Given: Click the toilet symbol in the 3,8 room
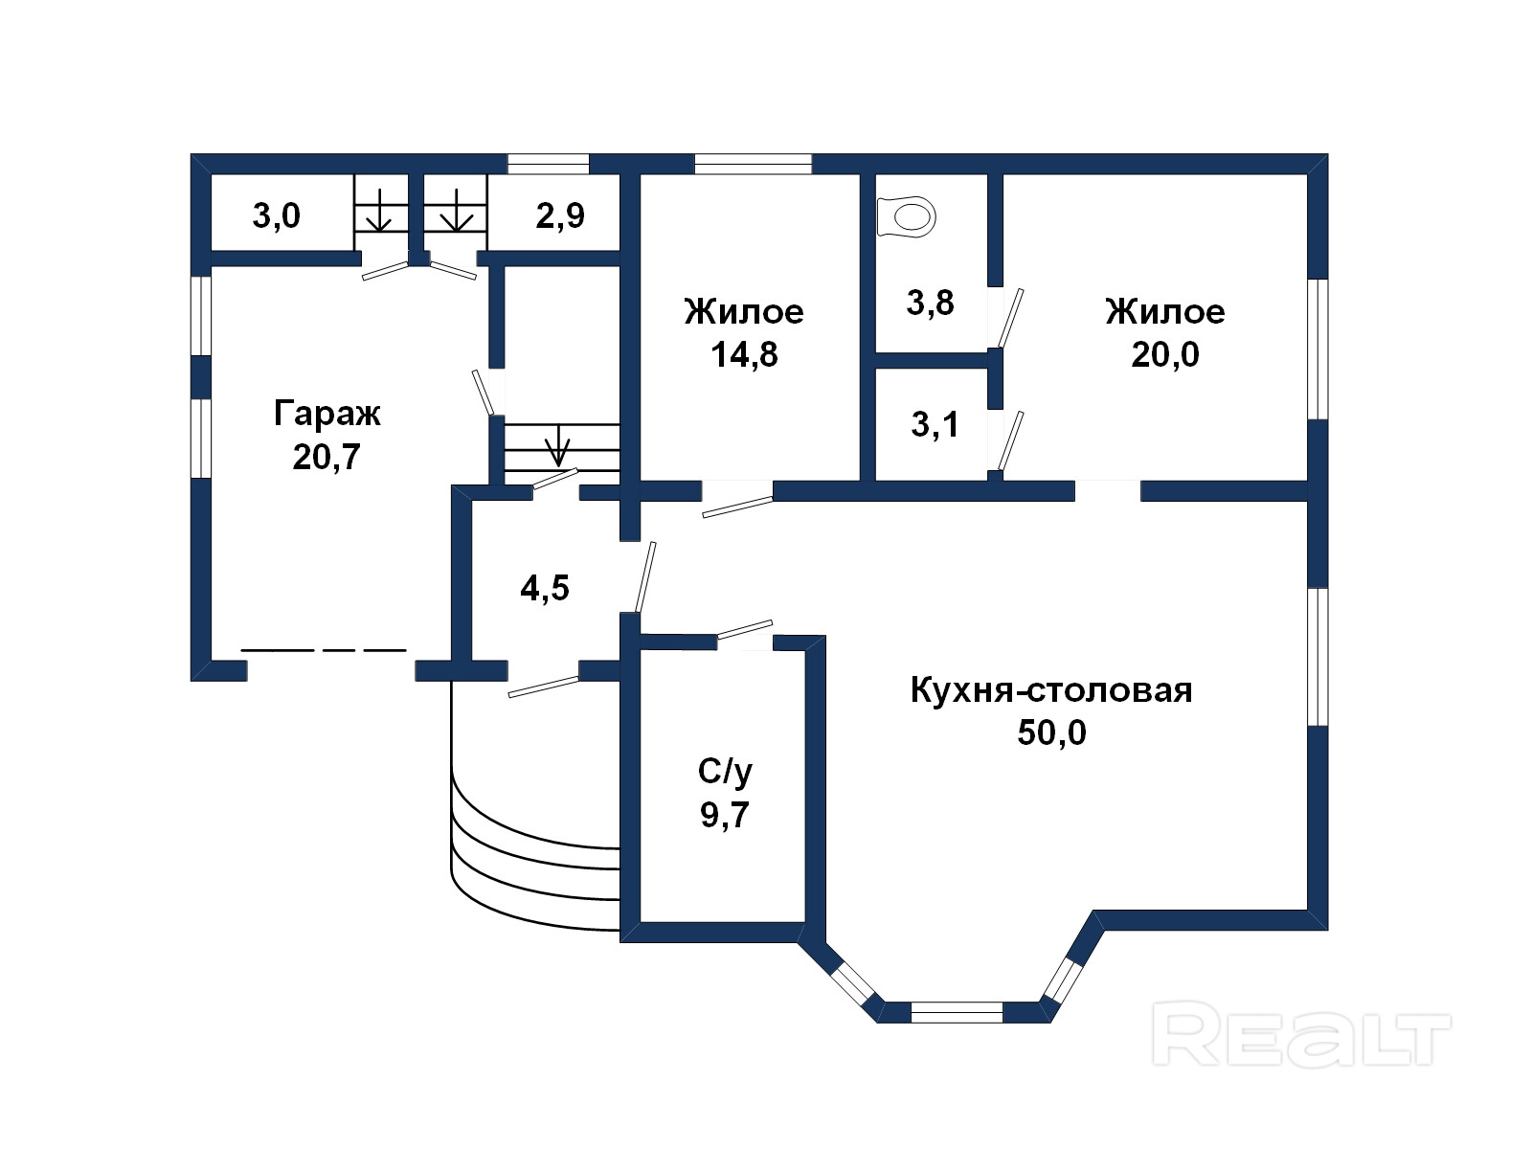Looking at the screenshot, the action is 905,217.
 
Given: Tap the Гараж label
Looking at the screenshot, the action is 327,414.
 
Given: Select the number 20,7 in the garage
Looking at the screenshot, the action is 326,458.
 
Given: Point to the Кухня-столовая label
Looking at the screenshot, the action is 1051,690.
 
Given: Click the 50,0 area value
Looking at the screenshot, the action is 1051,733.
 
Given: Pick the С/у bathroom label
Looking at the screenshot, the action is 725,773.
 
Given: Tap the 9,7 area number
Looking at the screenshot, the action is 725,815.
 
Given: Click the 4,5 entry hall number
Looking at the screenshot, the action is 545,588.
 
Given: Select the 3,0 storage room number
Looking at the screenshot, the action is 276,215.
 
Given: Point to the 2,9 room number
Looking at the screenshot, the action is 560,215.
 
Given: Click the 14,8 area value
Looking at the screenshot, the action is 744,355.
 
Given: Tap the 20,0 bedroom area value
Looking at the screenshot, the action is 1165,355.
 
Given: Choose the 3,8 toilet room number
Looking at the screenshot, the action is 930,303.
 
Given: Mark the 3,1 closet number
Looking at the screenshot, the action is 935,424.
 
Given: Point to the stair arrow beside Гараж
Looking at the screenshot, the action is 557,445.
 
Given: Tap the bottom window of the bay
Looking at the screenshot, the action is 957,1012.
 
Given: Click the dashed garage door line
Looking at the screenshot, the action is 323,650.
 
